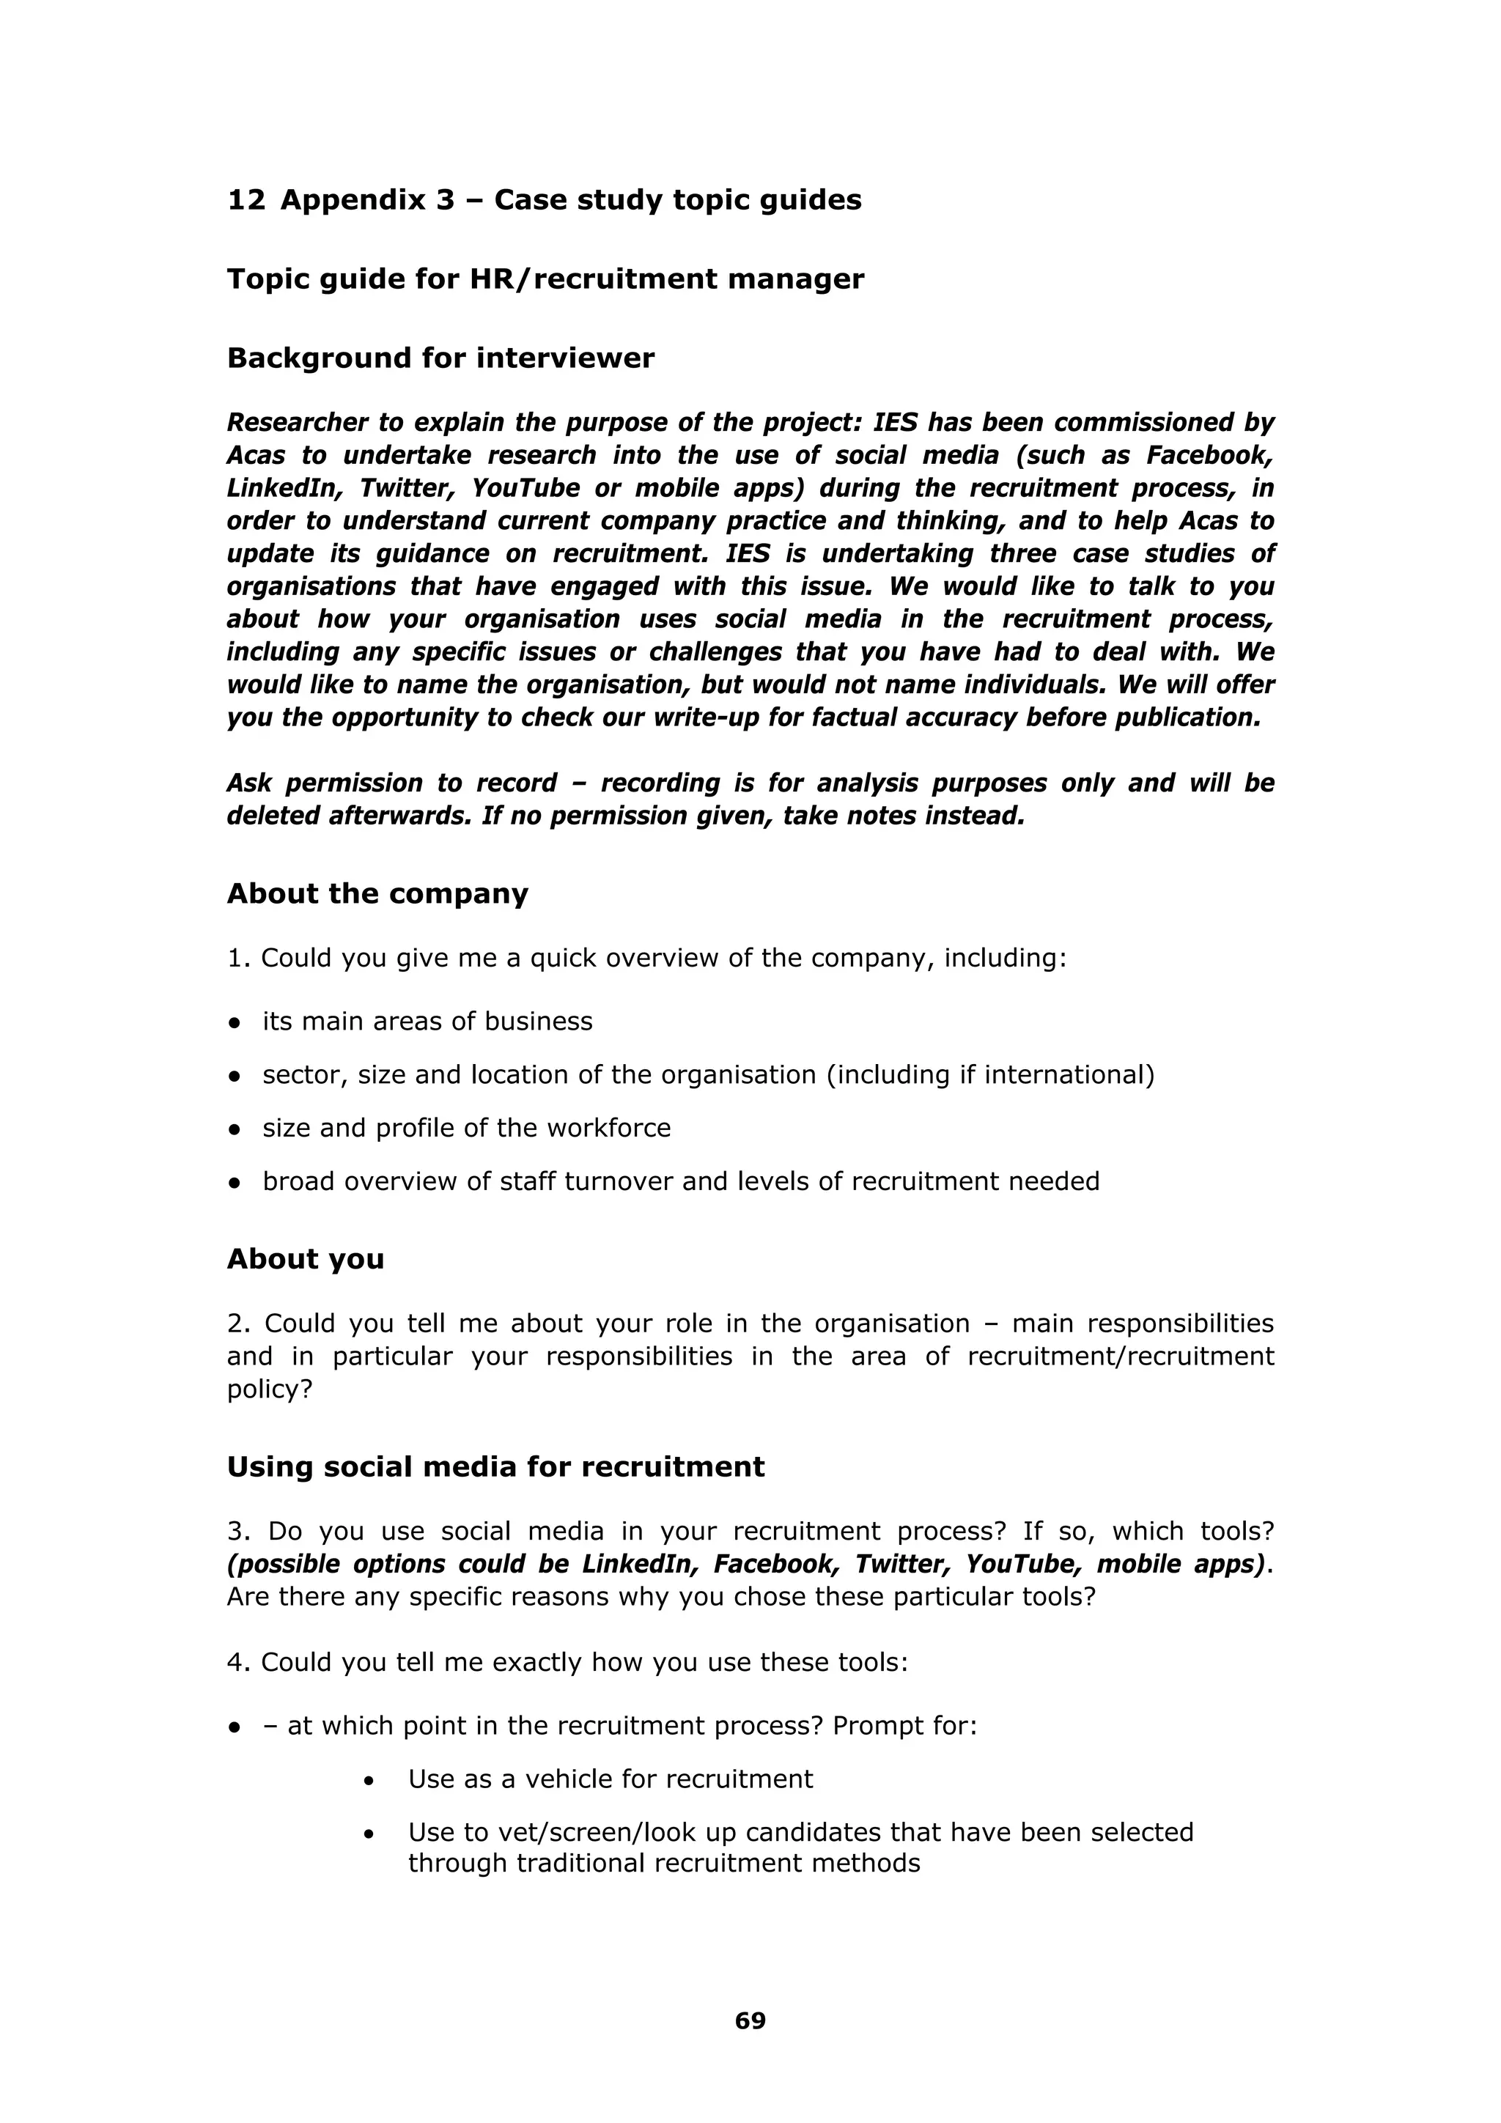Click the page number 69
750,2020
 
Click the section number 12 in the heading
246,200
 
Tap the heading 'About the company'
377,893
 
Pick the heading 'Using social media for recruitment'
495,1466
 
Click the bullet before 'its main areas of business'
235,1023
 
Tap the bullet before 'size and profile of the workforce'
235,1129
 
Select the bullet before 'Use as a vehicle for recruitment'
369,1780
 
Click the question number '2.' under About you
239,1323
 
